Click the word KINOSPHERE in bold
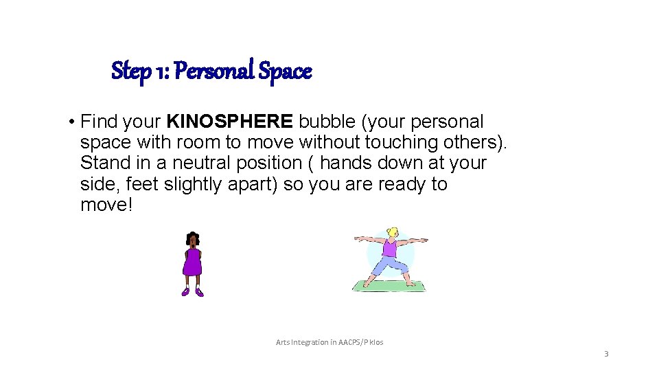pyautogui.click(x=230, y=122)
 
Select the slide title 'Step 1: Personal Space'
pyautogui.click(x=211, y=71)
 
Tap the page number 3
pyautogui.click(x=606, y=355)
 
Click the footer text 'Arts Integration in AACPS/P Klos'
pyautogui.click(x=329, y=342)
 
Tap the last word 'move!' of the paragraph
pyautogui.click(x=106, y=205)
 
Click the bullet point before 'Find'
pyautogui.click(x=71, y=123)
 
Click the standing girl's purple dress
pyautogui.click(x=192, y=262)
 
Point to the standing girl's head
pyautogui.click(x=192, y=240)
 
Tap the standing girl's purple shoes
pyautogui.click(x=192, y=292)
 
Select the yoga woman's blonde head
pyautogui.click(x=392, y=233)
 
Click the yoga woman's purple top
pyautogui.click(x=390, y=248)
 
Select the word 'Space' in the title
pyautogui.click(x=285, y=71)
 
